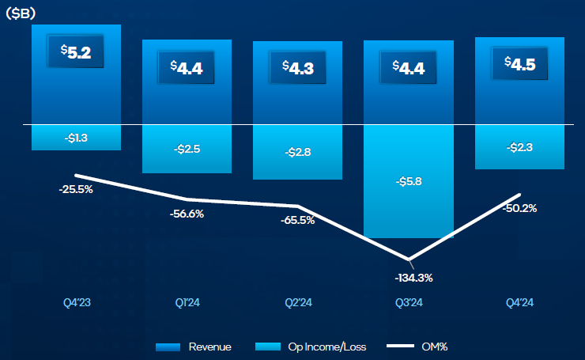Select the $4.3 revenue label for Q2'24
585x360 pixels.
click(297, 67)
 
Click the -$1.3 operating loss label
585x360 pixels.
click(76, 138)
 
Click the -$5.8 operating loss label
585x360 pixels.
click(408, 181)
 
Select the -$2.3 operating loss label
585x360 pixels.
click(519, 146)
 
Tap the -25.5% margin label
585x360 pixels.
click(75, 190)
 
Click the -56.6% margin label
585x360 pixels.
click(187, 214)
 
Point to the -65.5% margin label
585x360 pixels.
click(297, 221)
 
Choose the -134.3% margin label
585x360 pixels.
click(409, 278)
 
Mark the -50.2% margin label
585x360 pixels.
click(519, 208)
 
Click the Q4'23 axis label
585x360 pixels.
click(76, 302)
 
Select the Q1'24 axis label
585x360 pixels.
click(187, 302)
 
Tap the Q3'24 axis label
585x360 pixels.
click(409, 302)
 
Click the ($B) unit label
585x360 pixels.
click(22, 13)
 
